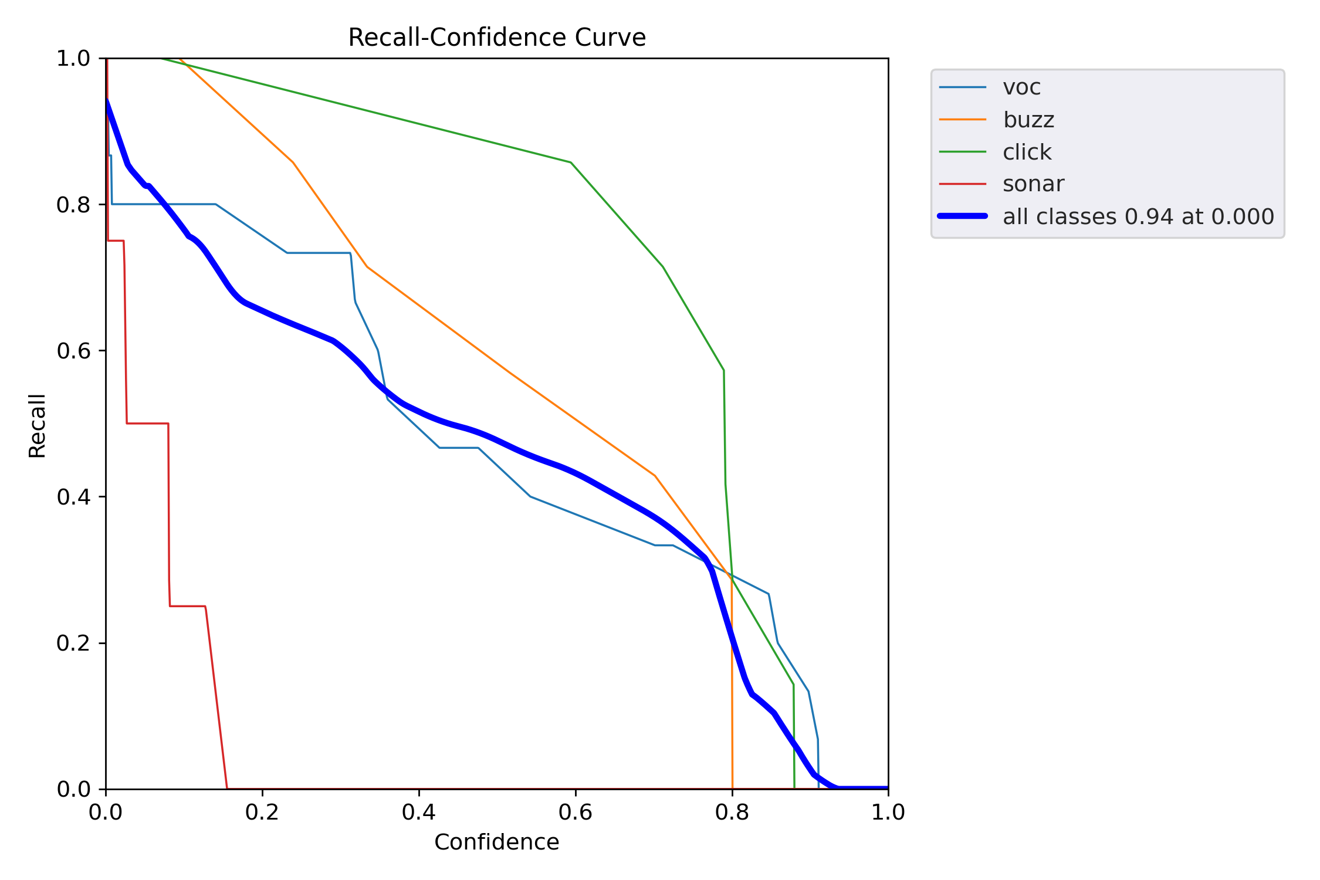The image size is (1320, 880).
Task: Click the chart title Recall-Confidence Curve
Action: pyautogui.click(x=496, y=38)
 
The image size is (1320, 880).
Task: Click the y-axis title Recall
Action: pyautogui.click(x=37, y=425)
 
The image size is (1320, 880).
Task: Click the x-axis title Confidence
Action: pyautogui.click(x=496, y=842)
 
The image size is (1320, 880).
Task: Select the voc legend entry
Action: pyautogui.click(x=1021, y=87)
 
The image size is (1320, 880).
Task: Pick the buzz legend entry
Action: pyautogui.click(x=1028, y=120)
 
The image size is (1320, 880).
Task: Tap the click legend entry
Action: pyautogui.click(x=1027, y=152)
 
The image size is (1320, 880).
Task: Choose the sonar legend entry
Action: pyautogui.click(x=1033, y=184)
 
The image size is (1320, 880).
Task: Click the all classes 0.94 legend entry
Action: pyautogui.click(x=1138, y=216)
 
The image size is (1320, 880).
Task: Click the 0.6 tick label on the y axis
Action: pyautogui.click(x=73, y=351)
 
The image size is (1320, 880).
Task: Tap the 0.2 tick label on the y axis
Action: pyautogui.click(x=73, y=643)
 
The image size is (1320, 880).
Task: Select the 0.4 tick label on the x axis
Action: pyautogui.click(x=419, y=812)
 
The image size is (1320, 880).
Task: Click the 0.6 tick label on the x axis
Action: pyautogui.click(x=576, y=812)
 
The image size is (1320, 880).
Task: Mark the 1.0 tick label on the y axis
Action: pyautogui.click(x=73, y=59)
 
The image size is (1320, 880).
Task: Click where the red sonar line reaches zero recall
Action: pyautogui.click(x=227, y=788)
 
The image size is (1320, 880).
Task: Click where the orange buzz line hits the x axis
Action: pyautogui.click(x=732, y=788)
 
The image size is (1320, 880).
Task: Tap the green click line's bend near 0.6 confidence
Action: pyautogui.click(x=570, y=163)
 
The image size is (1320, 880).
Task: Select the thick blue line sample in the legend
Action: pyautogui.click(x=962, y=216)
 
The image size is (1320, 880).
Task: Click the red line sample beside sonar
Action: pyautogui.click(x=962, y=184)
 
